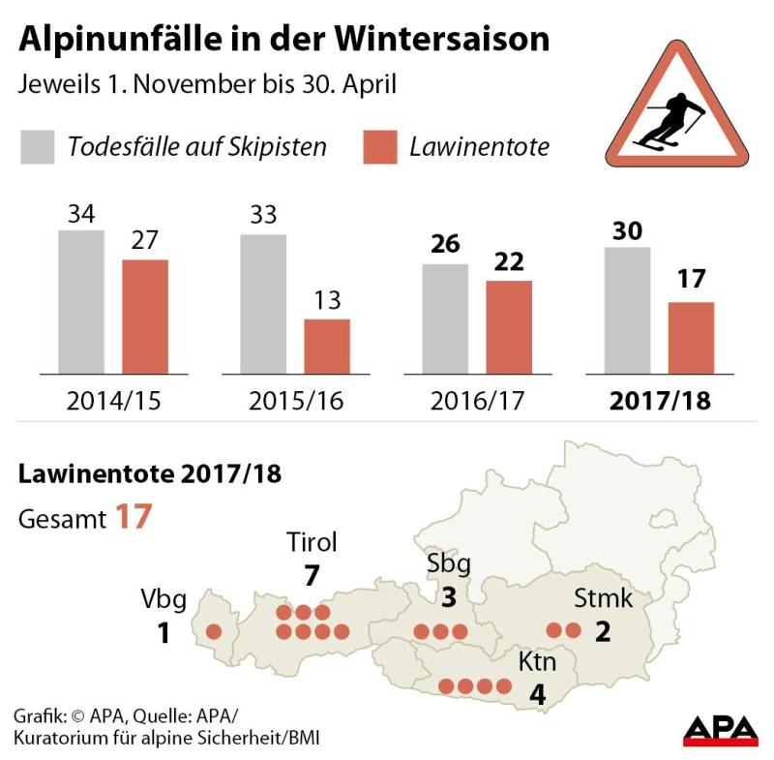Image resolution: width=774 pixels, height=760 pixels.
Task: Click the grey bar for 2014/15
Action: (81, 301)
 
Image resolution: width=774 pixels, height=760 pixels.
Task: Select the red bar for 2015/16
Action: (327, 346)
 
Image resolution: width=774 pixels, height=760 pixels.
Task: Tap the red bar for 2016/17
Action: (509, 326)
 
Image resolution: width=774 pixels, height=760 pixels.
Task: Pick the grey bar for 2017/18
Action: (627, 310)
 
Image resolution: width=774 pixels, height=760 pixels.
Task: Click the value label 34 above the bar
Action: (81, 214)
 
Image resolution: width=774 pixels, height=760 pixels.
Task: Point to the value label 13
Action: (327, 301)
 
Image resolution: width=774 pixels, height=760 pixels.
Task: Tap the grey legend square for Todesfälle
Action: (38, 147)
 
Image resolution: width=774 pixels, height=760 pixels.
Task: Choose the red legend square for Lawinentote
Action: (379, 147)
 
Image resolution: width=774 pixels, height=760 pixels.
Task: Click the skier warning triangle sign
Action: (678, 107)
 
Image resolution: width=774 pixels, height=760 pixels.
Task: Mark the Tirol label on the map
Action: (312, 543)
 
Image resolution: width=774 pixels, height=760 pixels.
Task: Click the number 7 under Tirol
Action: (311, 575)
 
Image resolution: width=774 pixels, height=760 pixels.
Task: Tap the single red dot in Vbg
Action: (214, 631)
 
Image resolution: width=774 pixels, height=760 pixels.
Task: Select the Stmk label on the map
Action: (603, 598)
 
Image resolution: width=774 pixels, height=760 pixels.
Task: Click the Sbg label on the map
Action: (447, 563)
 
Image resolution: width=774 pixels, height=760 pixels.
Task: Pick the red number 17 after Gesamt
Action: (134, 517)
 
